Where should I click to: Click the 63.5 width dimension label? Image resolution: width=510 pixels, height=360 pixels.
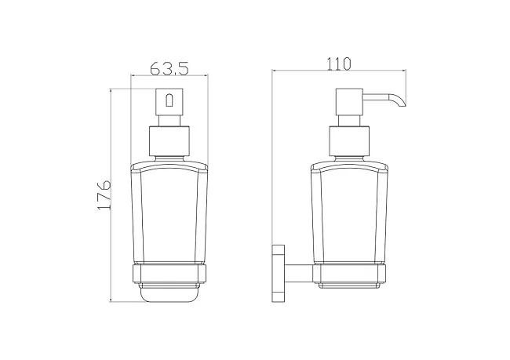coord(169,68)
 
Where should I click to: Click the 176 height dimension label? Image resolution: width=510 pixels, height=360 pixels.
coord(104,195)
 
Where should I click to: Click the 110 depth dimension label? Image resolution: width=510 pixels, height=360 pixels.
coord(339,64)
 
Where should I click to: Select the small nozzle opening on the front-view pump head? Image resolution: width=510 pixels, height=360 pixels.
coord(169,100)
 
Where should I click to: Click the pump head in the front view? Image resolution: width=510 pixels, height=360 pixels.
coord(169,101)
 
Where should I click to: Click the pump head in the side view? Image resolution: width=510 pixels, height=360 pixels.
coord(349,101)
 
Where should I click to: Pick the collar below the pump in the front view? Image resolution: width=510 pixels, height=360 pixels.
coord(169,140)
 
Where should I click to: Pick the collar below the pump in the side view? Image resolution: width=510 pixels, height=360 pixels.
coord(349,140)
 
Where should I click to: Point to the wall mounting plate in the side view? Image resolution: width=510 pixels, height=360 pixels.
coord(279,273)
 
